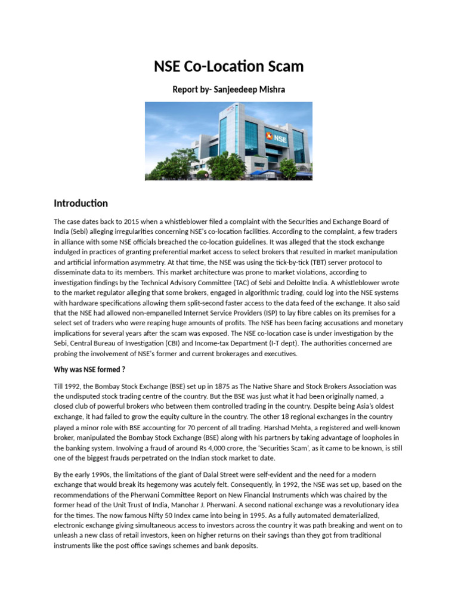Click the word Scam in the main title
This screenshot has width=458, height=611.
(283, 66)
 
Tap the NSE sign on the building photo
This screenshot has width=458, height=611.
(278, 138)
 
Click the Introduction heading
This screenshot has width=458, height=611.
(81, 203)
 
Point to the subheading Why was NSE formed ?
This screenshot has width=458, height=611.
(89, 369)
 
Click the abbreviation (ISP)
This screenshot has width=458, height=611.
(258, 313)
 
